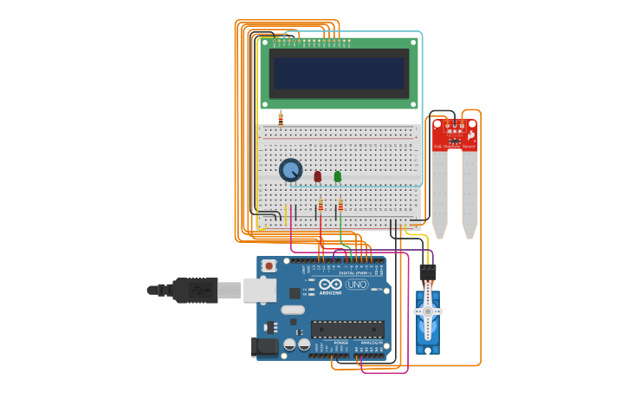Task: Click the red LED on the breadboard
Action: pyautogui.click(x=317, y=176)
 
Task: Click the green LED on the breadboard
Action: pyautogui.click(x=338, y=176)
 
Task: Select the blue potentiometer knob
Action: pyautogui.click(x=290, y=170)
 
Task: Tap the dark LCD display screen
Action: pyautogui.click(x=339, y=74)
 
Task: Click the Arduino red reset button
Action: pyautogui.click(x=269, y=265)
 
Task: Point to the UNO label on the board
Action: pyautogui.click(x=357, y=285)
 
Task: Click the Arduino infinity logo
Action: pyautogui.click(x=331, y=285)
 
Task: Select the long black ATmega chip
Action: pyautogui.click(x=347, y=329)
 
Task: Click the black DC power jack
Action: pyautogui.click(x=264, y=347)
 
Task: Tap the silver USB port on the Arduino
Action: pyautogui.click(x=259, y=290)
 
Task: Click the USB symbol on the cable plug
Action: pyautogui.click(x=198, y=289)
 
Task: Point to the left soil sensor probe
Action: pyautogui.click(x=440, y=195)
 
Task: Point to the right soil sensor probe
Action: pyautogui.click(x=469, y=195)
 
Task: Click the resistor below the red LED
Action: pyautogui.click(x=320, y=206)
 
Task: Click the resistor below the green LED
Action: pyautogui.click(x=340, y=206)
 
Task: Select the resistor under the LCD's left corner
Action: pyautogui.click(x=280, y=119)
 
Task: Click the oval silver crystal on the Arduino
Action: pyautogui.click(x=293, y=310)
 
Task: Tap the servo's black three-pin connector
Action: pyautogui.click(x=428, y=272)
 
